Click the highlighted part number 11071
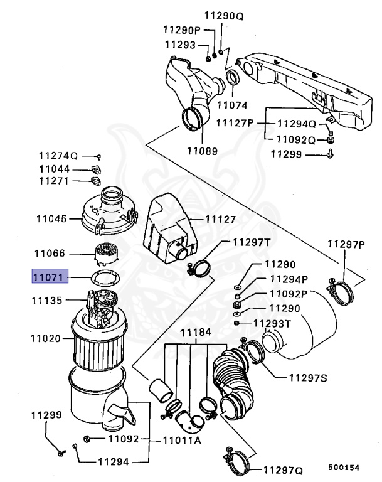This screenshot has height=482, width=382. (x=50, y=276)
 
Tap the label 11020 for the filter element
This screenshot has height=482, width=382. (x=45, y=338)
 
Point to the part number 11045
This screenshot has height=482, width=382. (x=50, y=219)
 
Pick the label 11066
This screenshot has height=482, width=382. (x=50, y=254)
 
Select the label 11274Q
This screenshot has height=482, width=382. (x=57, y=156)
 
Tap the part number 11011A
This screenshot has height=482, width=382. (x=181, y=440)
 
